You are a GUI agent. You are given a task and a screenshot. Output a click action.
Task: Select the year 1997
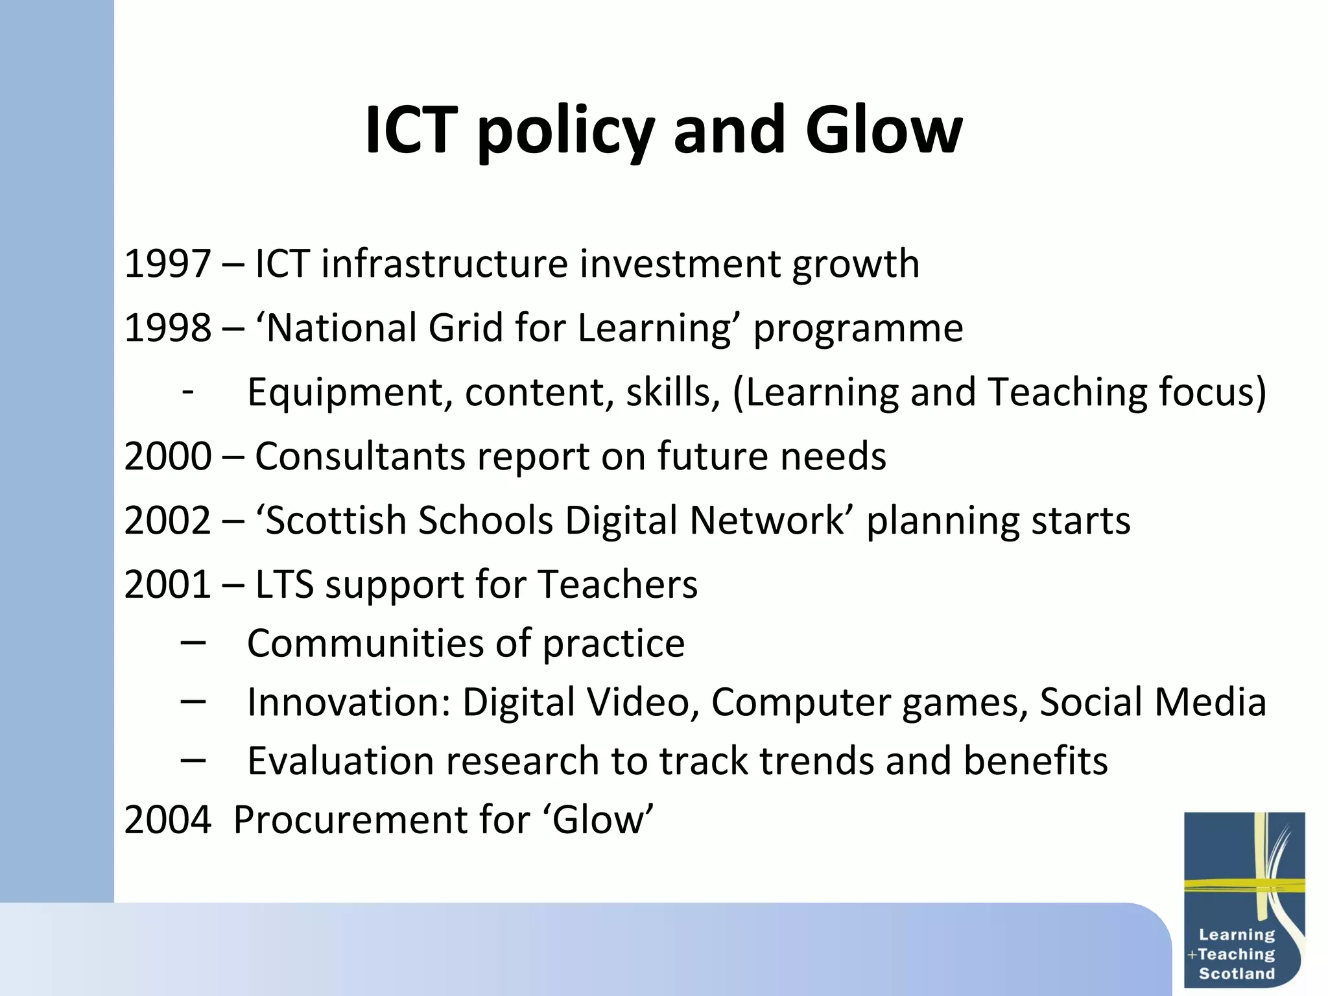[167, 264]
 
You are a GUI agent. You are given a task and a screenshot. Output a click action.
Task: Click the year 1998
[167, 328]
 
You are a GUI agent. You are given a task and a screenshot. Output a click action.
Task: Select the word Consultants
[360, 456]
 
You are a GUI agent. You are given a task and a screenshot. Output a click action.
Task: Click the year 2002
[167, 521]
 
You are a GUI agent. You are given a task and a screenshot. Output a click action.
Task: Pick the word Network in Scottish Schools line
[767, 521]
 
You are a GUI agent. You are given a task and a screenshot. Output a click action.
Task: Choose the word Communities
[364, 643]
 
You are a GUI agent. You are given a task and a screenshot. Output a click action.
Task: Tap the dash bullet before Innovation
[193, 701]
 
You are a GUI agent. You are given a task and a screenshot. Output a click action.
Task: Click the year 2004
[167, 820]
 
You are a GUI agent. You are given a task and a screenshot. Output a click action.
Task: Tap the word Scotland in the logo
[1236, 973]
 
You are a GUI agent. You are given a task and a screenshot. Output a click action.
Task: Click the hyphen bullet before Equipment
[188, 392]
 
